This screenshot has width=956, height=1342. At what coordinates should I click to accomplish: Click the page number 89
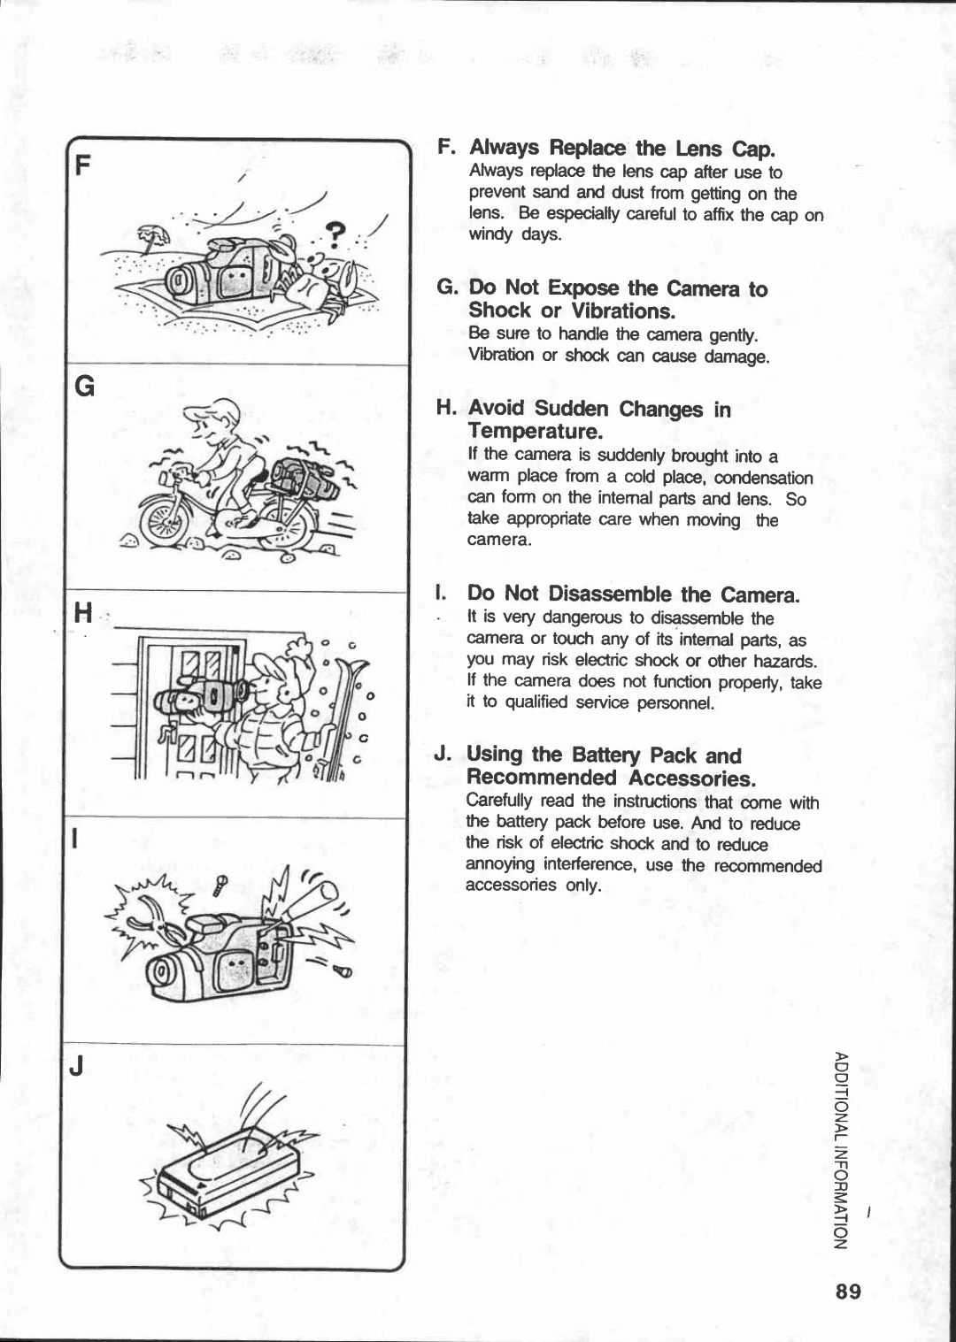847,1291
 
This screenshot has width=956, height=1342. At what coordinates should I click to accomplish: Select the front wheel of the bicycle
169,521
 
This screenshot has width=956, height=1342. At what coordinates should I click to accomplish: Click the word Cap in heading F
752,148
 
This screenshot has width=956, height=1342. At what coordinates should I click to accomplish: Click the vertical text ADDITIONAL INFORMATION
840,1150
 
